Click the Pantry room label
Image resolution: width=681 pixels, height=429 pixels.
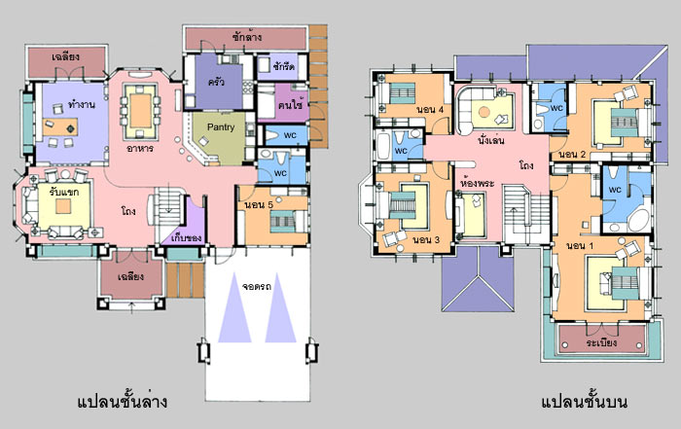pos(221,127)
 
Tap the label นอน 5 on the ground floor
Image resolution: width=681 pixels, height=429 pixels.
pos(259,205)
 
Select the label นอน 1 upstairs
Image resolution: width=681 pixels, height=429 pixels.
pos(580,246)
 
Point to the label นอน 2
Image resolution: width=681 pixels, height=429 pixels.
pos(572,155)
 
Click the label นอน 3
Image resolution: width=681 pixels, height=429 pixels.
pos(426,239)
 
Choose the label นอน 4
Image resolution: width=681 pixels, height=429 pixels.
pos(430,109)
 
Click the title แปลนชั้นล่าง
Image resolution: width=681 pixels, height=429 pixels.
pos(122,401)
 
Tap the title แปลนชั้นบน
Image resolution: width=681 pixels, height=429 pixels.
pos(584,401)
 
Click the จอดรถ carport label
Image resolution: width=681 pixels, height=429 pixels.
pos(257,287)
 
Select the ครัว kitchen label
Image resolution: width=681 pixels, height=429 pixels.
pos(216,81)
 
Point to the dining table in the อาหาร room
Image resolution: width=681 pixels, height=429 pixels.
pos(140,110)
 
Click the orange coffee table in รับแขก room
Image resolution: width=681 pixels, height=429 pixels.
pos(63,206)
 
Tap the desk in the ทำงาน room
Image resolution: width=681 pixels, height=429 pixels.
pos(60,126)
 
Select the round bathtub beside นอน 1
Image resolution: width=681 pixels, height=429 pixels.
pos(639,221)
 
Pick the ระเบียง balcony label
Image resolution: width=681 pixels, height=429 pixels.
pos(601,342)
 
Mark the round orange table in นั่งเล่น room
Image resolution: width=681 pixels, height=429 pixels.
pos(484,112)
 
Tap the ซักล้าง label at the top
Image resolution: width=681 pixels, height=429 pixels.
pos(247,36)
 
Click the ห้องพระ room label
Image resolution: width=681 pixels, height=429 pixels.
pos(477,183)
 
